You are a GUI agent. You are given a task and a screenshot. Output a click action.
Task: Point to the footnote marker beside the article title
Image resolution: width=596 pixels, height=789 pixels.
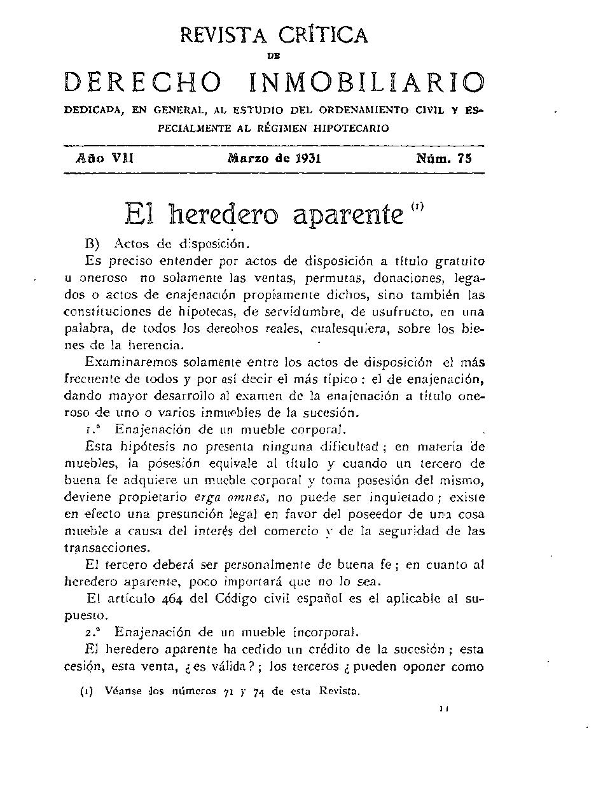point(417,206)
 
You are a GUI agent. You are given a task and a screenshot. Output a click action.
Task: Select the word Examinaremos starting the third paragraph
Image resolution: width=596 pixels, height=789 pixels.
point(132,362)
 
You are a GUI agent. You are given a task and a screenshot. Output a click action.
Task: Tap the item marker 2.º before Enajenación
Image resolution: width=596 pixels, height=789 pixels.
point(93,632)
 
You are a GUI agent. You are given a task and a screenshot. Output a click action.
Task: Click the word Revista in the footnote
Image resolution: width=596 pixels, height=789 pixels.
point(339,690)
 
